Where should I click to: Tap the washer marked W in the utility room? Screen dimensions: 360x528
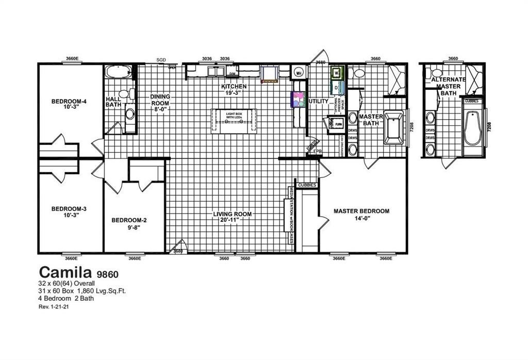[336, 73]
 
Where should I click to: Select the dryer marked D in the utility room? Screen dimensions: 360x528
[336, 88]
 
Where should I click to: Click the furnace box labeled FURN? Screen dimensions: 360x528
[338, 125]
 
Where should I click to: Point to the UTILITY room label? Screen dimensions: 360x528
[318, 102]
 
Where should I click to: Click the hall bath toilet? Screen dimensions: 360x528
[131, 94]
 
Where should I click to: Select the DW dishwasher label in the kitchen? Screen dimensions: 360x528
[232, 74]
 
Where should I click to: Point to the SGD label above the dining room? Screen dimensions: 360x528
[161, 60]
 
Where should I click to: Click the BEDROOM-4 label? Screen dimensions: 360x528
[69, 105]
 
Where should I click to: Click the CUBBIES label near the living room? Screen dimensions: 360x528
[307, 185]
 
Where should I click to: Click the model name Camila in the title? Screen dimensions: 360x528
[65, 271]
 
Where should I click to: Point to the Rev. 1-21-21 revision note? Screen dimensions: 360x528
[54, 306]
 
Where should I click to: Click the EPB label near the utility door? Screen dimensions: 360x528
[318, 151]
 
